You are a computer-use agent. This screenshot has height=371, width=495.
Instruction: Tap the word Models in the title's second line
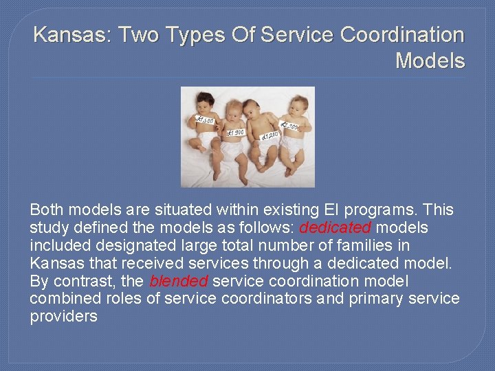430,61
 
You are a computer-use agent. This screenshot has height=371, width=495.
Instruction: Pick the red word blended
179,281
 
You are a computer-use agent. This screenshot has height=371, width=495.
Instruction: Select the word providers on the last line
63,317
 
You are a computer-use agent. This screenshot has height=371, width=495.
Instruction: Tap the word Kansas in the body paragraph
55,263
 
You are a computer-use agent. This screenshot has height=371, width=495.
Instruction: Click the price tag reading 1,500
205,120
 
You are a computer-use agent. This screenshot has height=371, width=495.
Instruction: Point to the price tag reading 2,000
289,126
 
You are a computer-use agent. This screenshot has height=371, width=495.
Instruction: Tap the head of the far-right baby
298,106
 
